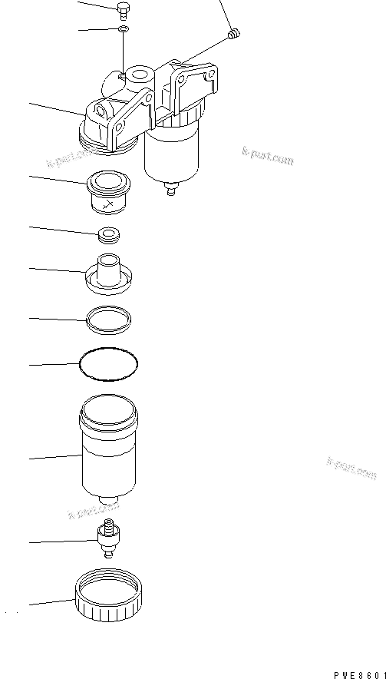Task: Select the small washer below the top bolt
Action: pyautogui.click(x=124, y=30)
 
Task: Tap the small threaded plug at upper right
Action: pyautogui.click(x=236, y=33)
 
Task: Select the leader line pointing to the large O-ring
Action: pyautogui.click(x=54, y=363)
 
